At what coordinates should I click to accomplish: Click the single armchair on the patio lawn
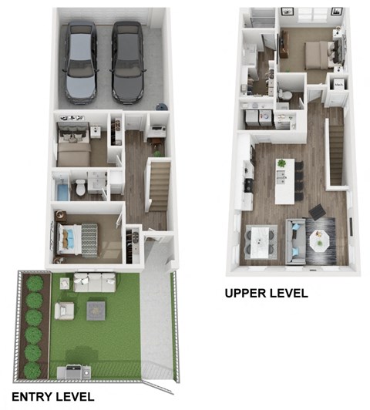[65, 310]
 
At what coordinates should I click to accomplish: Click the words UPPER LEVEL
[266, 293]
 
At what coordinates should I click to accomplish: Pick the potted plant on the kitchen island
[281, 163]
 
